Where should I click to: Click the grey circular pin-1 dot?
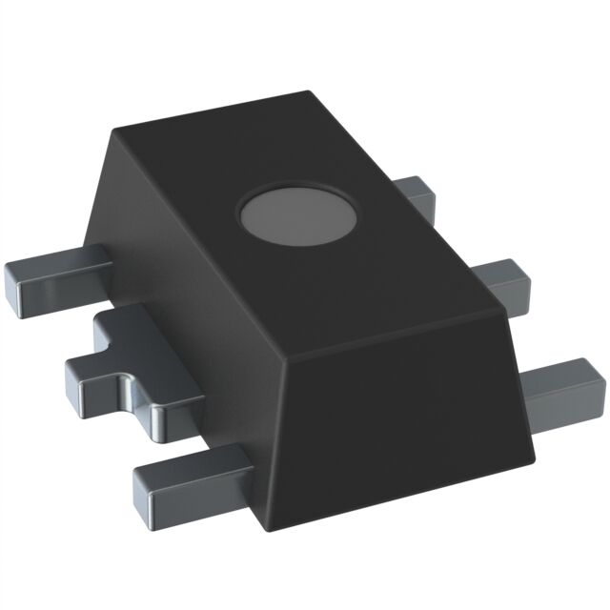297,215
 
